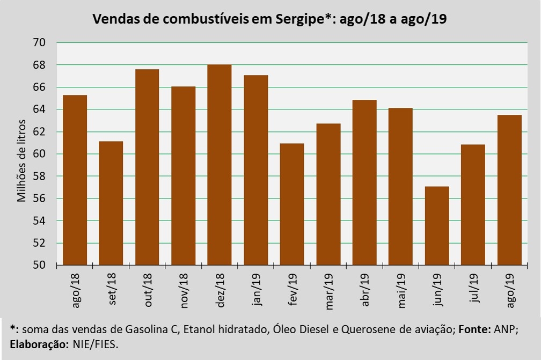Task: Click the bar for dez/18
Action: point(219,165)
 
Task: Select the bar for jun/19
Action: point(437,225)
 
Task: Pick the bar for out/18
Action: point(147,167)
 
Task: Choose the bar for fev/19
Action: point(292,204)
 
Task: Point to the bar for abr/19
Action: point(364,182)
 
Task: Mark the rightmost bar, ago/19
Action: point(509,190)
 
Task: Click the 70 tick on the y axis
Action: point(39,42)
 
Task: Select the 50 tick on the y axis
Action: point(39,266)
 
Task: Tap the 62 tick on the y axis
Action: point(39,132)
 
